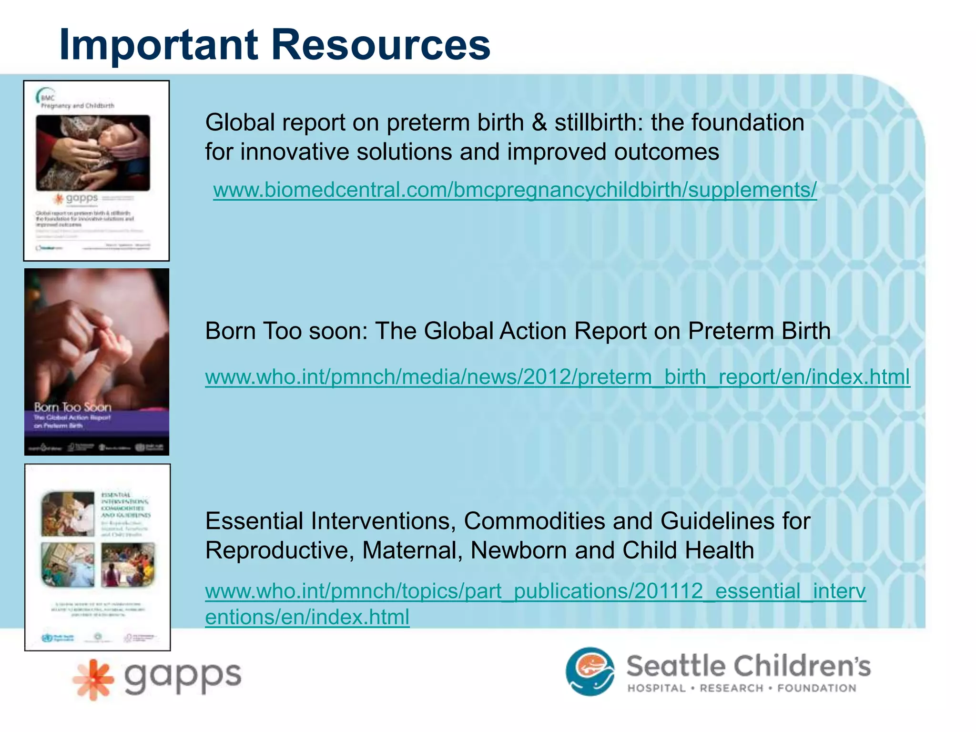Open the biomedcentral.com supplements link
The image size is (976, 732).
pyautogui.click(x=515, y=190)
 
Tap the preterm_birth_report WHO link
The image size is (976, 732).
pyautogui.click(x=557, y=377)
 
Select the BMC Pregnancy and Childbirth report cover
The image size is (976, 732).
pyautogui.click(x=97, y=171)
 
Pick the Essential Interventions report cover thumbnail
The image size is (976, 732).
pyautogui.click(x=98, y=557)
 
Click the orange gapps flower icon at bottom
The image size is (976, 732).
pyautogui.click(x=93, y=680)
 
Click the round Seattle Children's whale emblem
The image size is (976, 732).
pyautogui.click(x=590, y=671)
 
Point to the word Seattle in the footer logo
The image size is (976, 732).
pyautogui.click(x=677, y=666)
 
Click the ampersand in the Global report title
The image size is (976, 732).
pyautogui.click(x=539, y=122)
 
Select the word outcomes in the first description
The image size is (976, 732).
pyautogui.click(x=666, y=152)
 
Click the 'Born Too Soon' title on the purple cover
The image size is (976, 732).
pyautogui.click(x=72, y=407)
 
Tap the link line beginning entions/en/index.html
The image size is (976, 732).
pyautogui.click(x=307, y=617)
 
